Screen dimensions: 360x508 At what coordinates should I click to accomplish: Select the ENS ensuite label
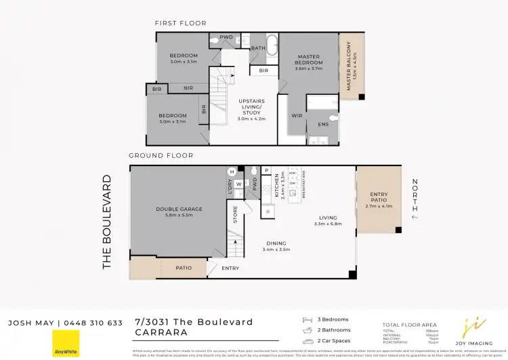pos(323,125)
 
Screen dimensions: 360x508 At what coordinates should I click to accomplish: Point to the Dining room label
pos(276,246)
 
